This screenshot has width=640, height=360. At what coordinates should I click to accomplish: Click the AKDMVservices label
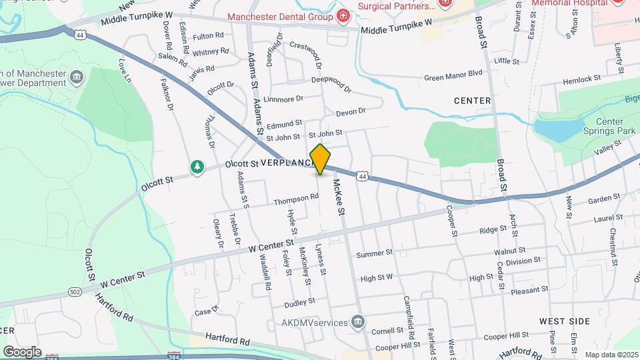[x=313, y=323]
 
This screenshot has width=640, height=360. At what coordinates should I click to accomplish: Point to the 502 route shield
[x=75, y=291]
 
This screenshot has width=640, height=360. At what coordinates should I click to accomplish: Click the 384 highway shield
[x=174, y=356]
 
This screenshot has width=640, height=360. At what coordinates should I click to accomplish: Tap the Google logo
[x=22, y=351]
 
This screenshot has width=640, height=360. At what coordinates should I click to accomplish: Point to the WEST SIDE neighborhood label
[x=565, y=321]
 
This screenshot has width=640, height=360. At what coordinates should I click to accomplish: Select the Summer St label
[x=375, y=254]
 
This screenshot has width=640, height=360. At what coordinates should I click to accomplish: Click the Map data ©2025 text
[x=611, y=355]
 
